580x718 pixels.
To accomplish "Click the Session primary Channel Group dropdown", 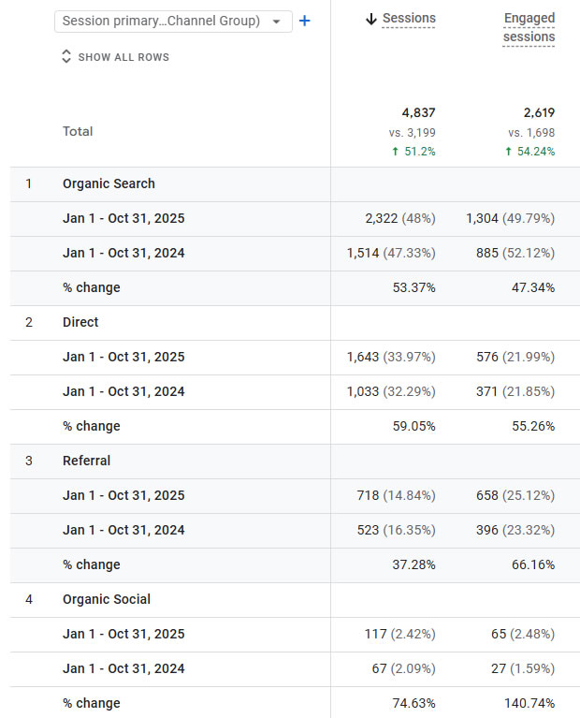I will [173, 21].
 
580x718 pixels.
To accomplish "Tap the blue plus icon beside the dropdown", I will [304, 21].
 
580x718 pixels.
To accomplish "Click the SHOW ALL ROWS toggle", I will [115, 57].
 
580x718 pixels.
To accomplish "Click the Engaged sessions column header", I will [529, 27].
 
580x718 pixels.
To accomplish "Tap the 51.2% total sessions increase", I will [413, 152].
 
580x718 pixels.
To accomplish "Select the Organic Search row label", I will [109, 184].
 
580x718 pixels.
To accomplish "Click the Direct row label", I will [80, 322].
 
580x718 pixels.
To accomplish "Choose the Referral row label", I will [86, 461].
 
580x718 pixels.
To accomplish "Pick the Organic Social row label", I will [107, 599].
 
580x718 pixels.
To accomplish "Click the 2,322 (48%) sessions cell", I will [399, 219].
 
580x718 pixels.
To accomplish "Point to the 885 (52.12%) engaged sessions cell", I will [515, 253].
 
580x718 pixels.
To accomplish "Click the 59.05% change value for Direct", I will [413, 426].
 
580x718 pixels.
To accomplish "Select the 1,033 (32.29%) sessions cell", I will [390, 391].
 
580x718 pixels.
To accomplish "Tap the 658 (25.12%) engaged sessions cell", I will [515, 495].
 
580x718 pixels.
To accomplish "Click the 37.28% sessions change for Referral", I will [413, 564].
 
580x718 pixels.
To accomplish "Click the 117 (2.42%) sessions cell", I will [399, 634].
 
